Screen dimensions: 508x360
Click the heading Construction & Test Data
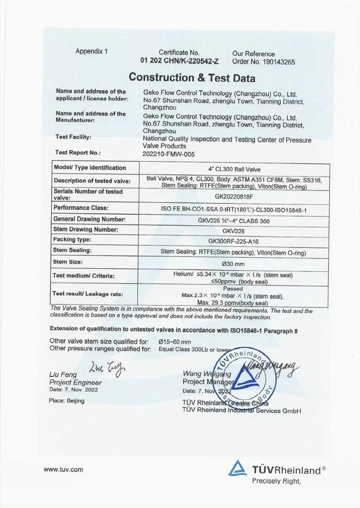pyautogui.click(x=192, y=77)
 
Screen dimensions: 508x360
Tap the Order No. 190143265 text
pyautogui.click(x=264, y=62)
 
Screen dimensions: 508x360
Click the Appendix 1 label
pyautogui.click(x=92, y=51)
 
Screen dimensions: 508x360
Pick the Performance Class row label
pyautogui.click(x=81, y=208)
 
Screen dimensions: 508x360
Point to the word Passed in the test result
pyautogui.click(x=233, y=289)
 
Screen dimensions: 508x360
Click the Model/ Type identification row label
pyautogui.click(x=90, y=168)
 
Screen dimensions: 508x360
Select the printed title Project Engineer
pyautogui.click(x=76, y=382)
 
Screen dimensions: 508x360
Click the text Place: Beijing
pyautogui.click(x=67, y=400)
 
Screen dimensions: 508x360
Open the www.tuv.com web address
pyautogui.click(x=63, y=470)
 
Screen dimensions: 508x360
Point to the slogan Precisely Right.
pyautogui.click(x=276, y=481)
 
